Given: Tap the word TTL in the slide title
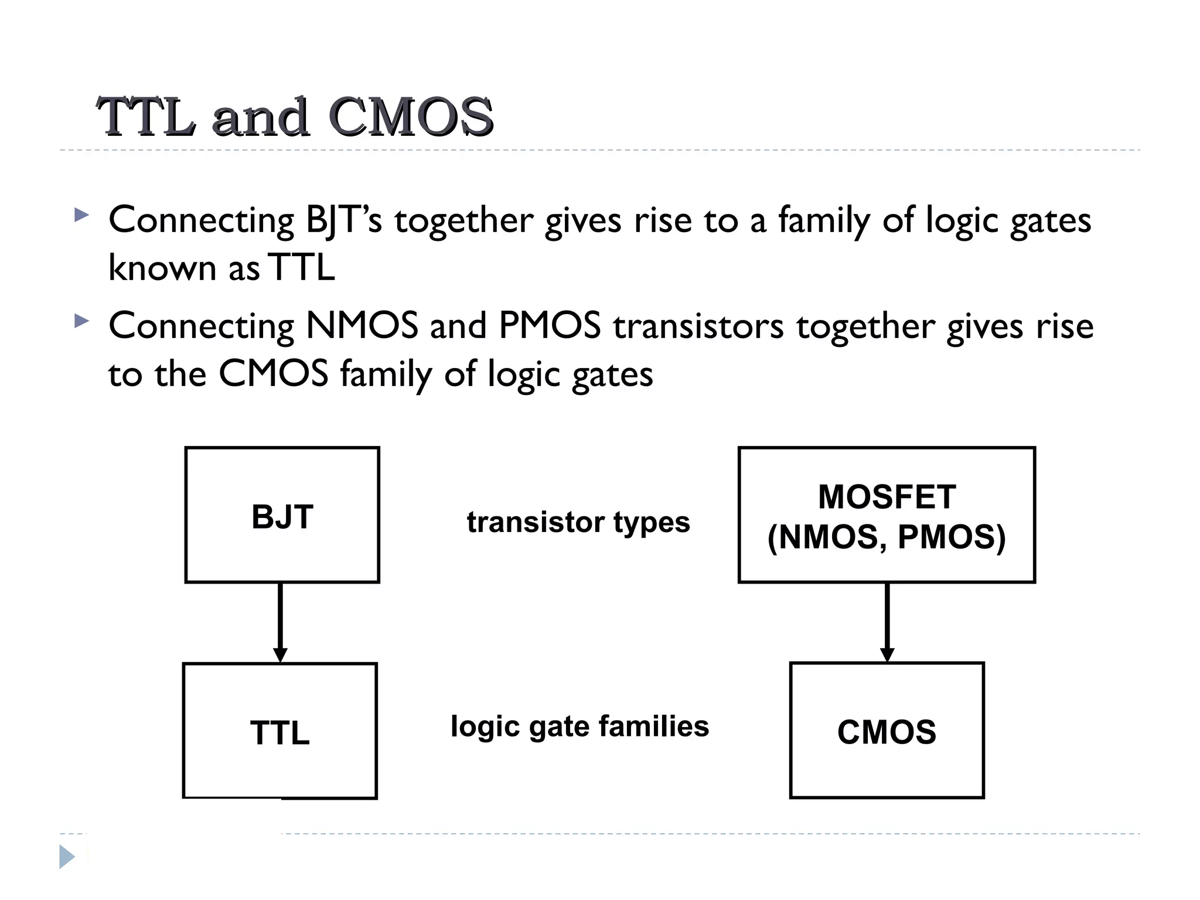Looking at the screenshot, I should pos(146,117).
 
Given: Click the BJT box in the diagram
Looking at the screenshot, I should pos(282,515).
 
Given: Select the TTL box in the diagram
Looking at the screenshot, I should pos(280,731).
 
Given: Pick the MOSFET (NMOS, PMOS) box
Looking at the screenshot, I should pos(887,515).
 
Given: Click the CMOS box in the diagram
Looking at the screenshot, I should pos(887,731).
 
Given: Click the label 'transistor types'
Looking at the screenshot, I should pos(578,521).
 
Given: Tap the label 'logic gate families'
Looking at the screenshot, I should pos(579,727).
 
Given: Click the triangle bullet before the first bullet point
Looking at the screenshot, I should pos(82,215).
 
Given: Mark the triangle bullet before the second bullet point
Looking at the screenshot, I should pos(82,321).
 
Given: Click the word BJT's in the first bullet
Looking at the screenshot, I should pos(344,221).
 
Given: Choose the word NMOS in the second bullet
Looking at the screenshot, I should pos(362,326).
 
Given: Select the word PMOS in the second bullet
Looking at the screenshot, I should pos(550,326).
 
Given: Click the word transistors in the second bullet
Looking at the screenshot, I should pos(698,327).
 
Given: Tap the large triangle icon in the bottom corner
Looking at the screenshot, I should pos(67,857).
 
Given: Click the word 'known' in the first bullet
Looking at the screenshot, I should pos(163,268).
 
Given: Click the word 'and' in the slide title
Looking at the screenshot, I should pos(260,117).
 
